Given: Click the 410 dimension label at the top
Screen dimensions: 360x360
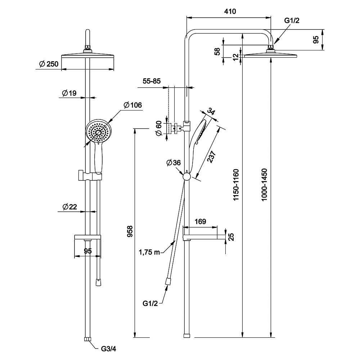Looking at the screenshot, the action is tap(230, 11).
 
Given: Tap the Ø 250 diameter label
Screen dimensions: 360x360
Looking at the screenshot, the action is tap(49, 64).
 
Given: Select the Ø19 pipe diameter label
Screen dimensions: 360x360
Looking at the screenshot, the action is tap(69, 93).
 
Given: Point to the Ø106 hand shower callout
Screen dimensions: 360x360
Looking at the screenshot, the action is tap(133, 105).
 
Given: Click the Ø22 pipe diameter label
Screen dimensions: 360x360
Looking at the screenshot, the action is tap(69, 207).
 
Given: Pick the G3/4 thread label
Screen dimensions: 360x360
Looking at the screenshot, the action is tap(109, 349).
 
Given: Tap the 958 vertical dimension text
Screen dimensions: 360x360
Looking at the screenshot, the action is tap(130, 231).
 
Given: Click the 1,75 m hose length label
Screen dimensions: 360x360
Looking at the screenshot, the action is tap(149, 252).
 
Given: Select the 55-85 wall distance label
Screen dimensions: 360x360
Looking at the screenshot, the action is tap(152, 81).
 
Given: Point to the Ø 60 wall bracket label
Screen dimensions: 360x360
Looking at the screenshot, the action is tap(159, 129).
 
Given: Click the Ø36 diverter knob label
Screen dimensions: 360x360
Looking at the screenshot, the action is tap(174, 163).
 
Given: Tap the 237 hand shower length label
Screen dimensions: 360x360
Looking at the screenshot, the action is tap(211, 157).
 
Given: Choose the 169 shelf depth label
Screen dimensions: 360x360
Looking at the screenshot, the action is tap(200, 221).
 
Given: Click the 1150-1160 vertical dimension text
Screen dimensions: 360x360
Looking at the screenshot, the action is tap(236, 185).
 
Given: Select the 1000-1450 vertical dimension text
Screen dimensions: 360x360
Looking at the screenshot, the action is tap(265, 185).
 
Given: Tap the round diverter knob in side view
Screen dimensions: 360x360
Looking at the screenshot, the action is tap(186, 177).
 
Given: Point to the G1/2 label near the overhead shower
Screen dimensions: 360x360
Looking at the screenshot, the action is tap(292, 21).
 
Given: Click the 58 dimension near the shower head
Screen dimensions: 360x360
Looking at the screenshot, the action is tap(217, 51).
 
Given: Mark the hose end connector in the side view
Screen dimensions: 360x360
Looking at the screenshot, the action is tap(168, 281).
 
